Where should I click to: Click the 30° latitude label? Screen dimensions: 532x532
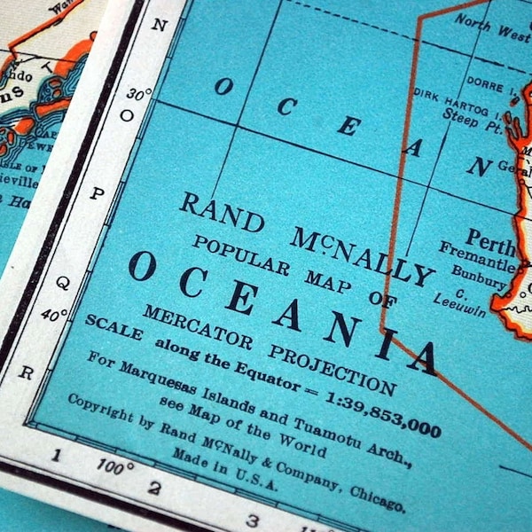coord(139,93)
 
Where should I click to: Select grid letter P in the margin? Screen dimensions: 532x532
coord(96,193)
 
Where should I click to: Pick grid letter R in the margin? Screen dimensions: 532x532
coord(26,372)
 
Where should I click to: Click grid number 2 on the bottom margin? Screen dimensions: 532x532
coord(154,487)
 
